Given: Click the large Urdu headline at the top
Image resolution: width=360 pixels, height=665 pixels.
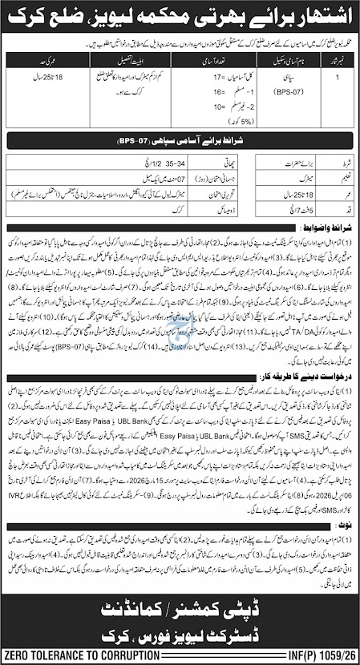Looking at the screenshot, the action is [180, 16].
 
